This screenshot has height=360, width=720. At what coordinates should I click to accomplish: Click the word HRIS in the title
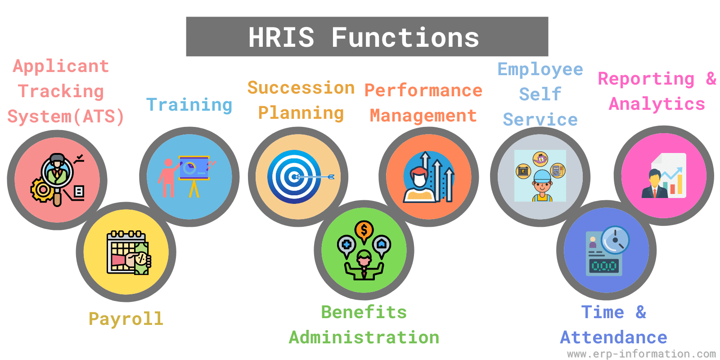coord(281,37)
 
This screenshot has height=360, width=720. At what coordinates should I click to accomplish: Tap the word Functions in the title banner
coord(405,37)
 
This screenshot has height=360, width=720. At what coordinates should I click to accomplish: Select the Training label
coord(189,105)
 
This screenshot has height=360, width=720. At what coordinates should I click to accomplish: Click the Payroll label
coord(126,319)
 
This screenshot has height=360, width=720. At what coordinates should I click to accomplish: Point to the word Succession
coord(301,88)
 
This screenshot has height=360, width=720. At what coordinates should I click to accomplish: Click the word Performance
coord(423,90)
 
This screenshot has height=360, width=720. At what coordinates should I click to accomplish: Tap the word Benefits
coord(364,312)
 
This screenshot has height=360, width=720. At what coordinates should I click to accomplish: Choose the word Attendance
coord(613,337)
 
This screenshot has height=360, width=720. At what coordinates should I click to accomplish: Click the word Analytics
coord(657,104)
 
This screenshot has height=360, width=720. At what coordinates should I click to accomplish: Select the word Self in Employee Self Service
coord(540,94)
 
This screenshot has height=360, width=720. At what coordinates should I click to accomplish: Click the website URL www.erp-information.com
coord(641,354)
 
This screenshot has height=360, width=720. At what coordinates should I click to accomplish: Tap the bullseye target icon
coord(294,177)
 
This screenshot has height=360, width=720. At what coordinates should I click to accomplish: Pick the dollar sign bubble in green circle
coord(364,231)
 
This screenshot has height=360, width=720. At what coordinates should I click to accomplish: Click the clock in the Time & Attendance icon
coord(615,240)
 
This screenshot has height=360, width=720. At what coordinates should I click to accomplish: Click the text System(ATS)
coord(66,117)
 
